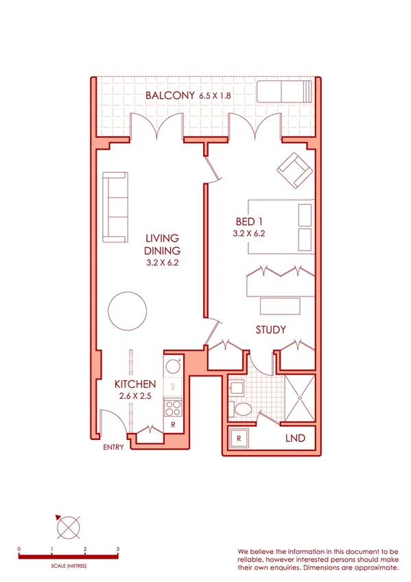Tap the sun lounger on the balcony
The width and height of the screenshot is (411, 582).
pos(283,91)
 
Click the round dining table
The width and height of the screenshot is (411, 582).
pos(128,311)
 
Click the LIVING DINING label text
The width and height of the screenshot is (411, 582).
pos(163,244)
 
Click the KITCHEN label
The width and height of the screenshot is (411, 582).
pos(135,384)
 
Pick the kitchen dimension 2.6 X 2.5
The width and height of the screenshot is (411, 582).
pos(135,396)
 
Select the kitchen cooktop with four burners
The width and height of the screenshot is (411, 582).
pos(172,408)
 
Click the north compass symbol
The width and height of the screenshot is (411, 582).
pos(69,529)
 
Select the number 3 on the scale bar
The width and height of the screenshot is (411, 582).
pos(118,549)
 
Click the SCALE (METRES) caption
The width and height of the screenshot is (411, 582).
pos(69,566)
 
